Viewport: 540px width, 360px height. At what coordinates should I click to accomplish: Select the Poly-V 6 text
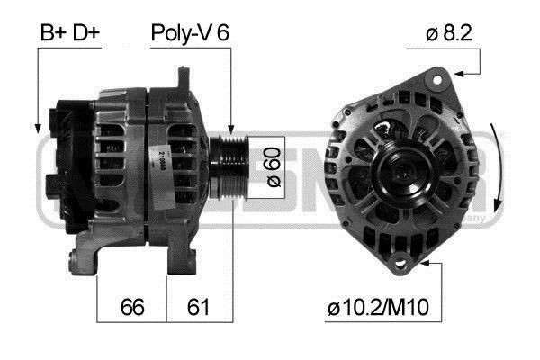[189, 33]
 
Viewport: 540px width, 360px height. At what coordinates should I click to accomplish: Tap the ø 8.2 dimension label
[449, 33]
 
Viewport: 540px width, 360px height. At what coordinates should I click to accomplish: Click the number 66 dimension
[132, 308]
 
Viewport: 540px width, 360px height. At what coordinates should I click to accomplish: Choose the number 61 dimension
[198, 308]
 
